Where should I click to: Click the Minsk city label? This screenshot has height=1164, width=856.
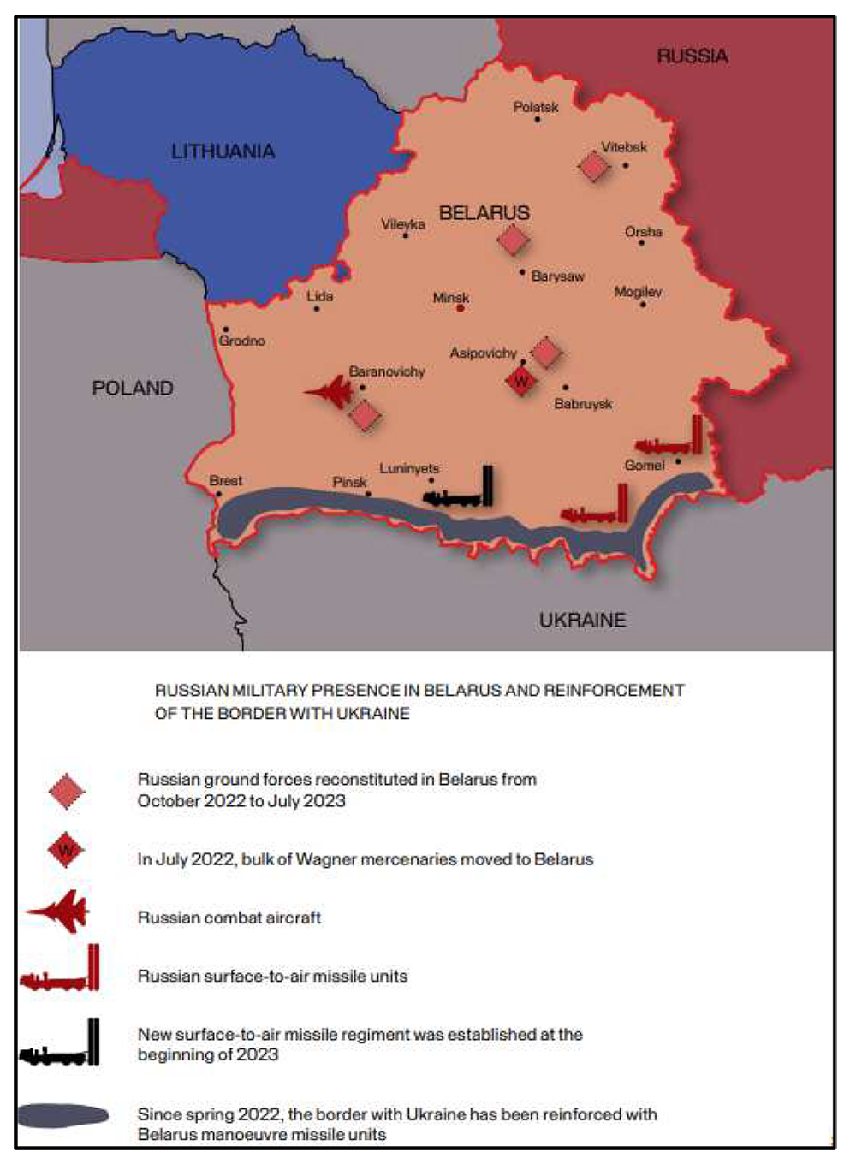(450, 297)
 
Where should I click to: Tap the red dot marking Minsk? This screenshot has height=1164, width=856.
(461, 308)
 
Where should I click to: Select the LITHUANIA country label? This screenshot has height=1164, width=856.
(223, 151)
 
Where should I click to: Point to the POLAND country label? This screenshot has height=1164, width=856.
(133, 388)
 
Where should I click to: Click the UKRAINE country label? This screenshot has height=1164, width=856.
(582, 620)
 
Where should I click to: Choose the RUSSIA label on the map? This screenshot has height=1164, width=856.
(693, 56)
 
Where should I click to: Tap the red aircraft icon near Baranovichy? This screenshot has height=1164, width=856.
(330, 393)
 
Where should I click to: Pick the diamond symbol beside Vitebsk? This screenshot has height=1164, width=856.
(593, 166)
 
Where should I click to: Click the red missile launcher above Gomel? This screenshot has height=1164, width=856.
(671, 438)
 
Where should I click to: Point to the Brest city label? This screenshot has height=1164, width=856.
(225, 480)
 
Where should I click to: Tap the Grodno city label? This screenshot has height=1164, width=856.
(241, 341)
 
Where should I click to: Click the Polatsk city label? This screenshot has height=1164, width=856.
(536, 107)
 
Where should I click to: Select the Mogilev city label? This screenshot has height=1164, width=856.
(638, 292)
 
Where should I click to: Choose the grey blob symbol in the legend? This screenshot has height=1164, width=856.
(62, 1115)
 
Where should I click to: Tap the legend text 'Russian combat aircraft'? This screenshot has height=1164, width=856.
(229, 918)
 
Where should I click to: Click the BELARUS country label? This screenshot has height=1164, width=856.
(484, 212)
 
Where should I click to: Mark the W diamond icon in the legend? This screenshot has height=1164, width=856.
(66, 850)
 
